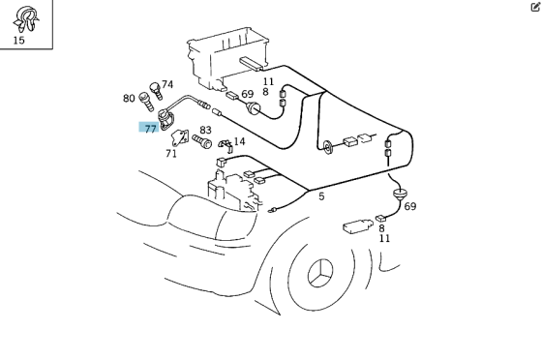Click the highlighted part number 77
149,128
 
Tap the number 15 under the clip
19,41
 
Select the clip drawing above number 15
26,18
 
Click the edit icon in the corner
535,7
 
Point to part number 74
167,84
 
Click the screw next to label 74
156,91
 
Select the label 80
129,99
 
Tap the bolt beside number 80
146,102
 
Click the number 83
205,130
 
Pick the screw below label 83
202,141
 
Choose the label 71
171,154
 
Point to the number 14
239,141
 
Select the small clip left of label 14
226,145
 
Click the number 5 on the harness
321,196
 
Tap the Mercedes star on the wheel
320,273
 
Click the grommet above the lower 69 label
399,195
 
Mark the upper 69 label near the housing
247,94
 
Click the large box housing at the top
228,58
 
